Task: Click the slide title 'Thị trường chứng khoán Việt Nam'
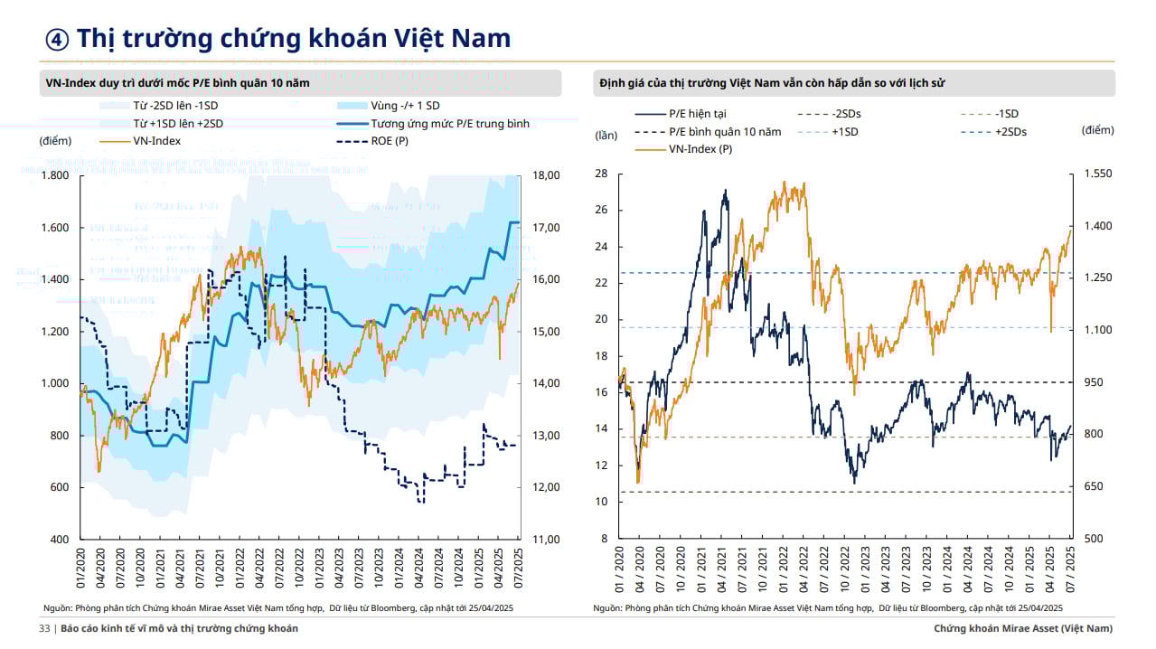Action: pos(293,38)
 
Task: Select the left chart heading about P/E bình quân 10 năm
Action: pos(177,83)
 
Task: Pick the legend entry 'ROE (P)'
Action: pos(390,141)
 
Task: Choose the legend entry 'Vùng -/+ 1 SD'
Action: pos(405,106)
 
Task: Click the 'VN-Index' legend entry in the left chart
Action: pos(156,141)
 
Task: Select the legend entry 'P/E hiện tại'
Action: pos(697,114)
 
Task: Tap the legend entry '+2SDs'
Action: pos(1010,131)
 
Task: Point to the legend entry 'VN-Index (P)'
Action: pos(700,148)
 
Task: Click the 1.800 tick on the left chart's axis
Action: pos(55,175)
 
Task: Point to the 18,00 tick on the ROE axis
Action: pos(547,175)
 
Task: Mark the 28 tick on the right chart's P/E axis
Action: pos(601,174)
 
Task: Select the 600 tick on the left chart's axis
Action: pos(59,487)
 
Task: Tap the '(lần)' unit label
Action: pos(606,136)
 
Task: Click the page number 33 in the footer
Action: pos(44,628)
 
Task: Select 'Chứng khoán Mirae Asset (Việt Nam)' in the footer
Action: pos(1023,628)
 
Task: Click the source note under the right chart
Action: pos(827,608)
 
